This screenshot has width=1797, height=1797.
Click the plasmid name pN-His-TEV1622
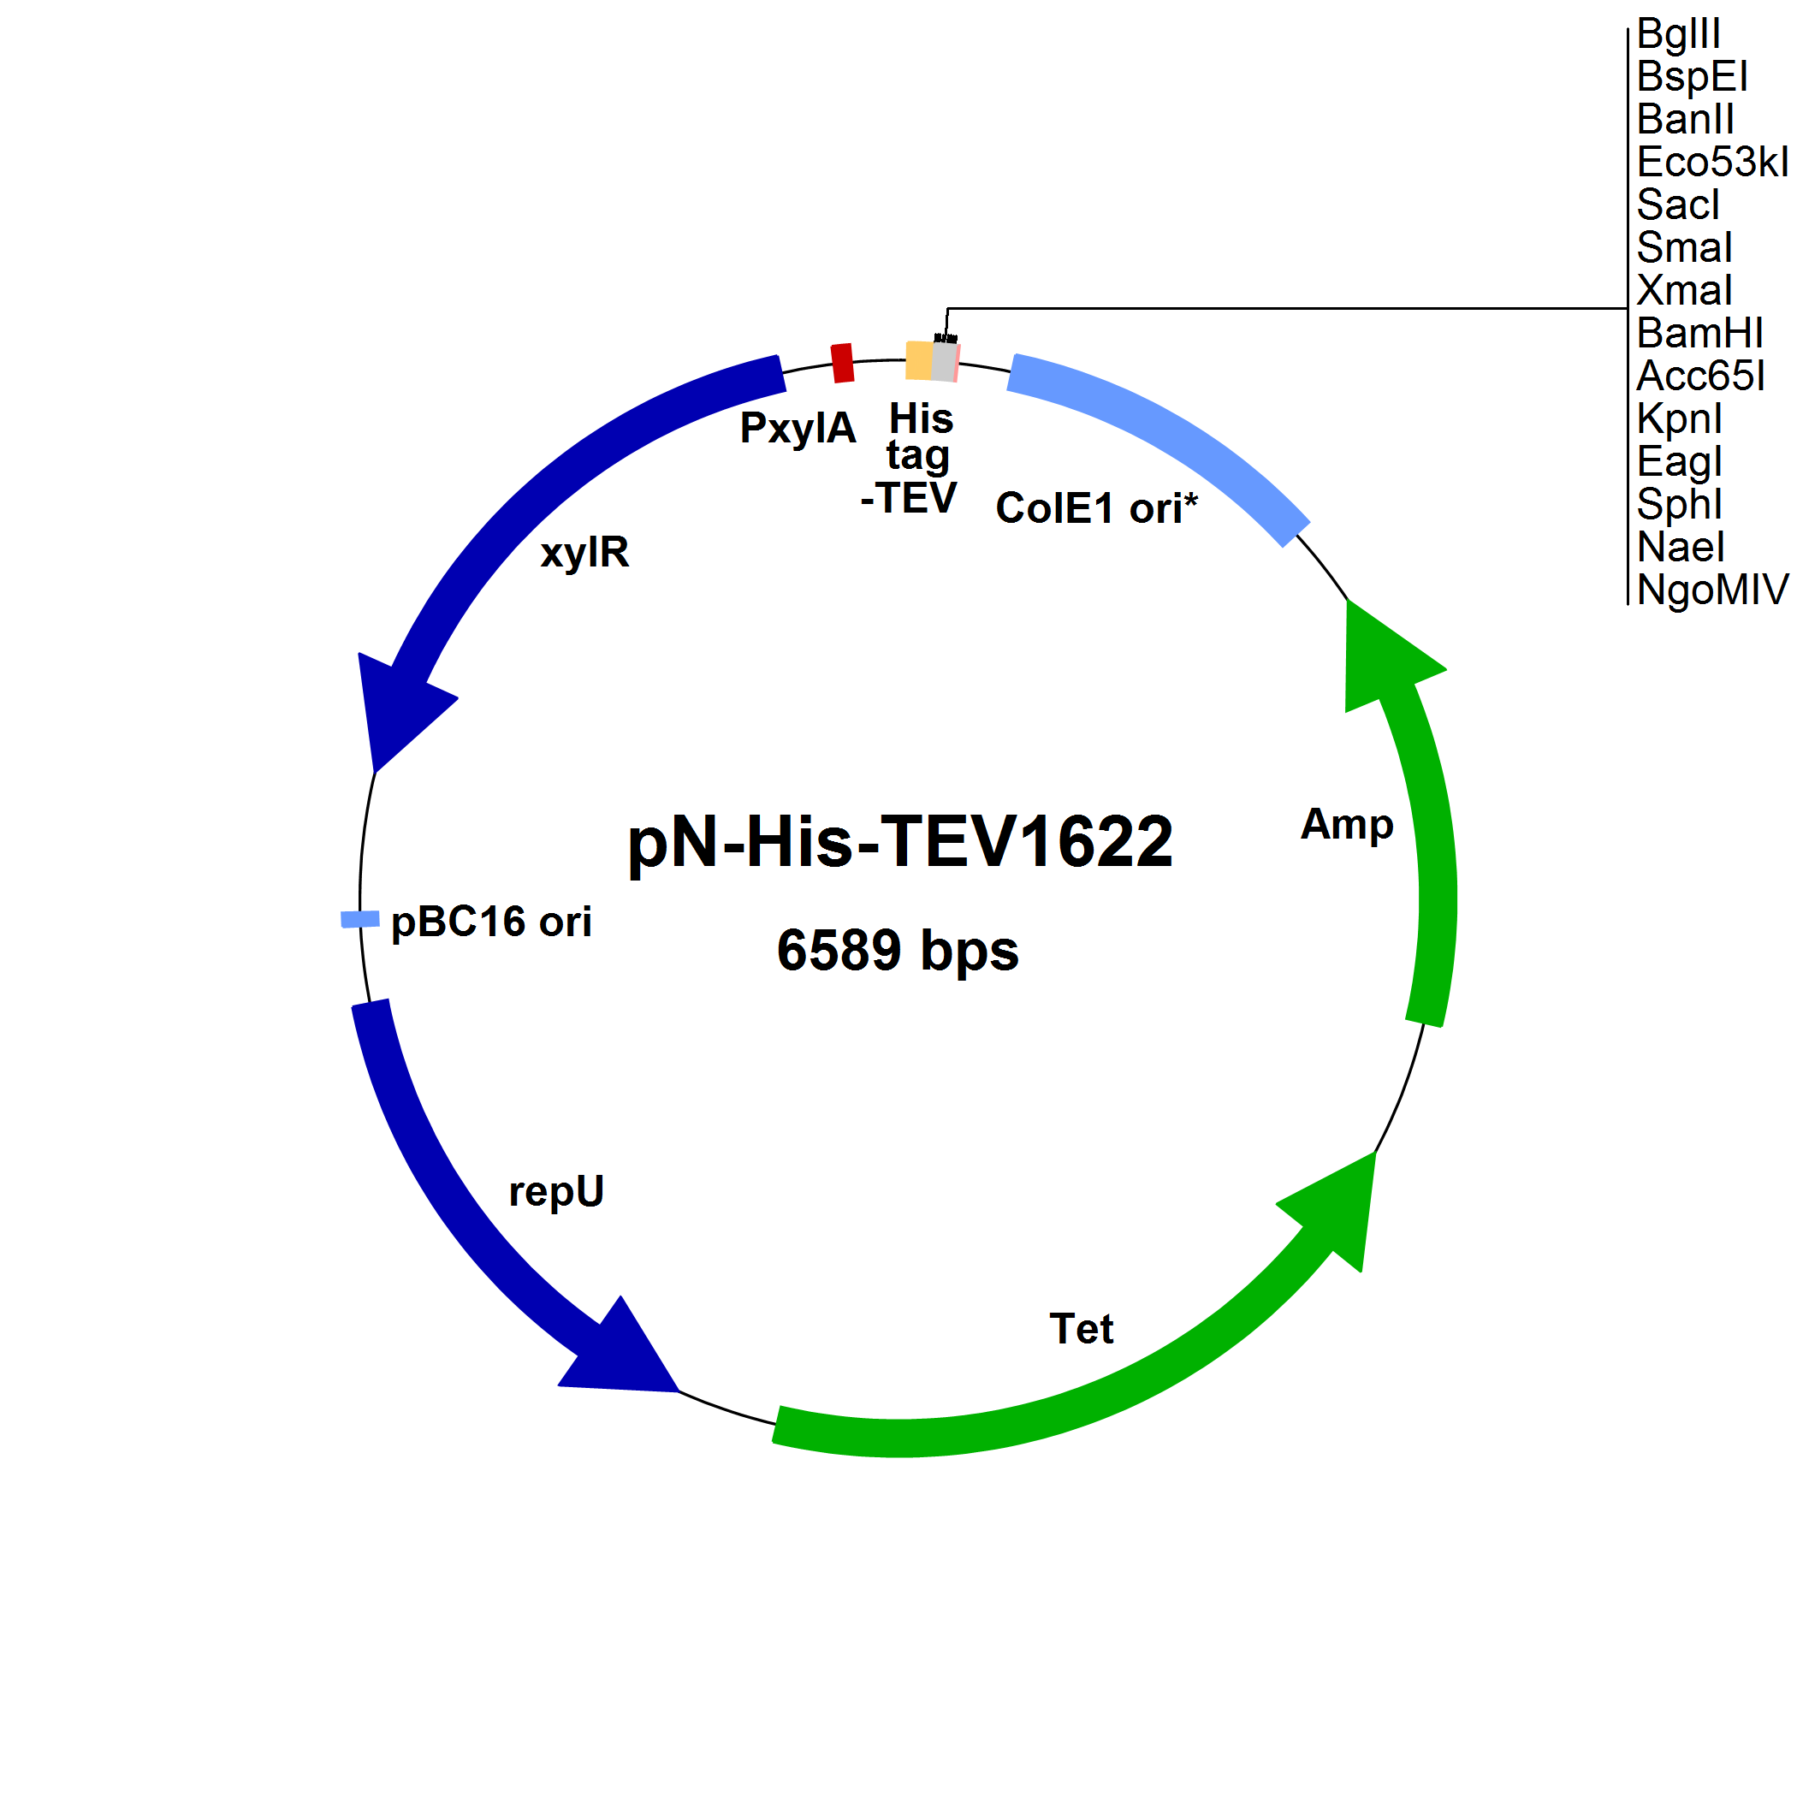click(x=899, y=842)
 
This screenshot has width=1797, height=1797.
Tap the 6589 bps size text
click(x=898, y=951)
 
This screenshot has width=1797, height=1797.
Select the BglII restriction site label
click(x=1678, y=34)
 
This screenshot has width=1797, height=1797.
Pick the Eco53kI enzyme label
click(x=1711, y=163)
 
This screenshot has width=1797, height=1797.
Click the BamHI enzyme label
click(x=1699, y=333)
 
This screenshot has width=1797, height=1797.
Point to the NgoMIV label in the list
click(x=1711, y=590)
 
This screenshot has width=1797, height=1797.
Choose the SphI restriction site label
click(x=1679, y=504)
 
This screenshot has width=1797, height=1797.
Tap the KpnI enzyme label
click(x=1679, y=418)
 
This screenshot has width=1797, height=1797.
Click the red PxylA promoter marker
click(x=842, y=363)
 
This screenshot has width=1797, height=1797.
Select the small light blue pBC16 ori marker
click(x=360, y=919)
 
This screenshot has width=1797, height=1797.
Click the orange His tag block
click(x=919, y=360)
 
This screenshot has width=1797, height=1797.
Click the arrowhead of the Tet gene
click(x=1335, y=1209)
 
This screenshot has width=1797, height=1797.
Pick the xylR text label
click(x=584, y=553)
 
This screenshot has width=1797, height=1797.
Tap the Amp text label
click(x=1346, y=824)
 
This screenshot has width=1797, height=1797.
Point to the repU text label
click(x=556, y=1191)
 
